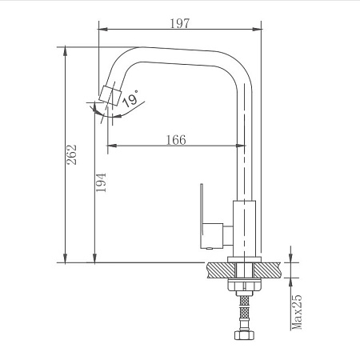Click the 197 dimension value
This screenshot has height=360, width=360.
tap(180, 23)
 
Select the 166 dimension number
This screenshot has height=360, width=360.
tap(176, 140)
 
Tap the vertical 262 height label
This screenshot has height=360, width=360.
tap(71, 154)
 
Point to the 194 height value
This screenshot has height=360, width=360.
tap(101, 182)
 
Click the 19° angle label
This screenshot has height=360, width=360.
tap(131, 98)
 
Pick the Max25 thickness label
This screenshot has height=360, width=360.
tap(297, 312)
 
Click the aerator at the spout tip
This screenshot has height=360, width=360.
tap(110, 95)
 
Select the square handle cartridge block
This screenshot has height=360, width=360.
tap(213, 235)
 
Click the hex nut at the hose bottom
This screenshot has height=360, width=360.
tap(244, 335)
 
